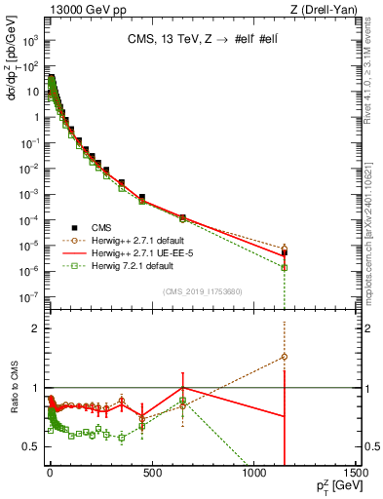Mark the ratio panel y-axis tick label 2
35,328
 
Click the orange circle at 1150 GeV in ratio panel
285,357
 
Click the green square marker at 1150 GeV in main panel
285,267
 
